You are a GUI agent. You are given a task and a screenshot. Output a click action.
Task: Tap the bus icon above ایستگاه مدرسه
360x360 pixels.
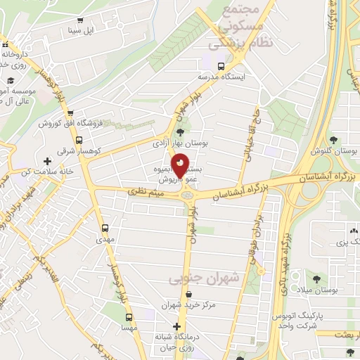point(221,67)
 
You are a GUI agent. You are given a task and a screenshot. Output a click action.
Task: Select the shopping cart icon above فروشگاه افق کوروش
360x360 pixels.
point(72,112)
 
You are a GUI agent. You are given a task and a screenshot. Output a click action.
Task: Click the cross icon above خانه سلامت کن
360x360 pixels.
point(48,162)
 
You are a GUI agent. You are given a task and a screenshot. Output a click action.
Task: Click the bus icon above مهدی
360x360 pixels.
point(105,228)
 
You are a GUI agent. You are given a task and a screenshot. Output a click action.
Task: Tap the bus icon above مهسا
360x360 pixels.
point(129,316)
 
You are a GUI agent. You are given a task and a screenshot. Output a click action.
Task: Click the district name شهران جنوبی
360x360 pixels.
point(204,279)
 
